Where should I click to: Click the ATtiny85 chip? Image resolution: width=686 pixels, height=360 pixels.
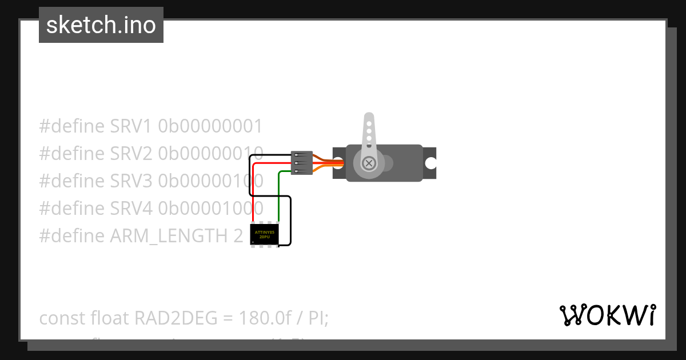pyautogui.click(x=264, y=234)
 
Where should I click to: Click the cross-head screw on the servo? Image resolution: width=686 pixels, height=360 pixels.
pyautogui.click(x=369, y=163)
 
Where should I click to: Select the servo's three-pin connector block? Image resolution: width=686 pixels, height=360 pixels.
pyautogui.click(x=301, y=163)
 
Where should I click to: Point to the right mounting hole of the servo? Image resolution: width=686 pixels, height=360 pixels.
pyautogui.click(x=430, y=163)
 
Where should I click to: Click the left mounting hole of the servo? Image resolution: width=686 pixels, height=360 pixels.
pyautogui.click(x=338, y=163)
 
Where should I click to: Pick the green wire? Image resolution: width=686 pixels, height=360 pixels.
pyautogui.click(x=278, y=194)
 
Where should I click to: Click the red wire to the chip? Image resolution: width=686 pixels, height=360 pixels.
pyautogui.click(x=253, y=189)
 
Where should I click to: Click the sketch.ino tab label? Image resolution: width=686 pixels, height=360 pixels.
pyautogui.click(x=101, y=25)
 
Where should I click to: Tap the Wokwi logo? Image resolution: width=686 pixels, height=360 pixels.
pyautogui.click(x=607, y=315)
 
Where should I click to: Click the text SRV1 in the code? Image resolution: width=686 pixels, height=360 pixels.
pyautogui.click(x=131, y=126)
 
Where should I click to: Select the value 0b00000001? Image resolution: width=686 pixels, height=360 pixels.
pyautogui.click(x=210, y=126)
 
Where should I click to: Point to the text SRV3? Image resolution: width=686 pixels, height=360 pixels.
pyautogui.click(x=131, y=181)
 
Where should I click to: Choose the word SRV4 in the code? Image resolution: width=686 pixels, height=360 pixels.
pyautogui.click(x=131, y=209)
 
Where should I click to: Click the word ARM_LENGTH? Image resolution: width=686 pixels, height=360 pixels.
pyautogui.click(x=171, y=236)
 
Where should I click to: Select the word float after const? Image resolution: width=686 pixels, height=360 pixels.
pyautogui.click(x=109, y=318)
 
